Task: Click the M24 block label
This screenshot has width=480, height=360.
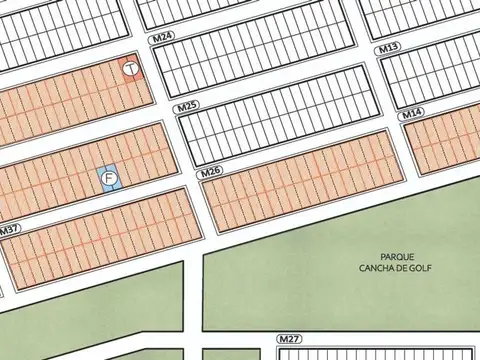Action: click(163, 36)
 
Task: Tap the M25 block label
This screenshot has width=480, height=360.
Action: click(185, 106)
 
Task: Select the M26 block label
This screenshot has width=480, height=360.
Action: click(210, 173)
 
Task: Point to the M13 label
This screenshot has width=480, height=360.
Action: click(389, 48)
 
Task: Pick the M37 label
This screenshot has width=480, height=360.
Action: click(10, 230)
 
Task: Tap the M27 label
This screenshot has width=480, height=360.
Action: click(290, 340)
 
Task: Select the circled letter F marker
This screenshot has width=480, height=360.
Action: click(109, 178)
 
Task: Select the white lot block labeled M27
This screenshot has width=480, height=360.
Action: click(380, 353)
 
